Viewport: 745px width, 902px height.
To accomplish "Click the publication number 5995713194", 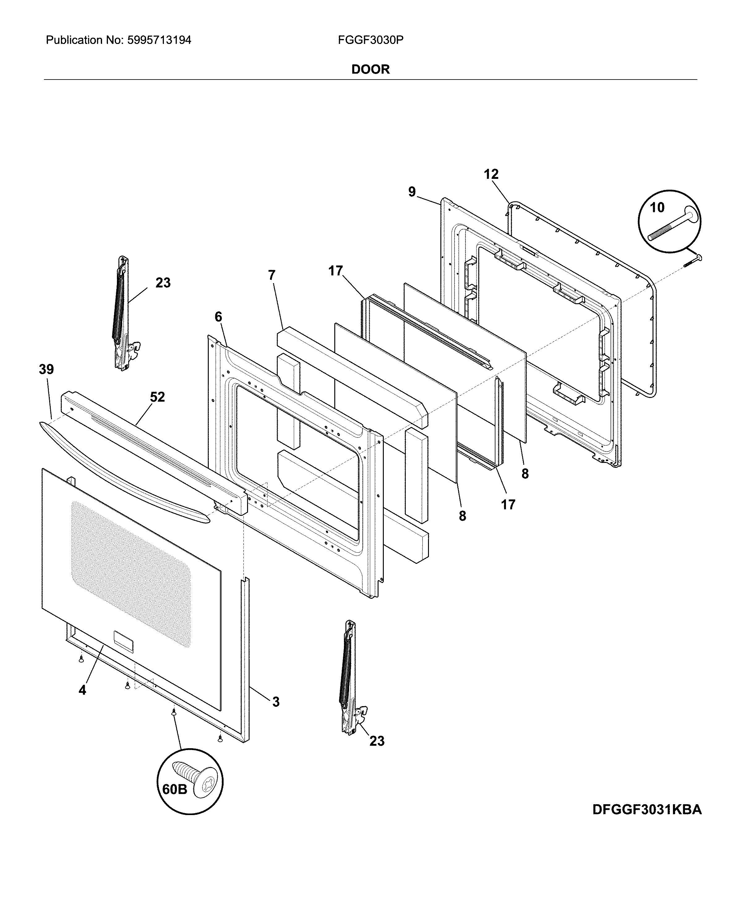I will point(158,40).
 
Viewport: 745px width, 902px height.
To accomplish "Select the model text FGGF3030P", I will point(370,40).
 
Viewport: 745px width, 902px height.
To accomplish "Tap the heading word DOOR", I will point(370,70).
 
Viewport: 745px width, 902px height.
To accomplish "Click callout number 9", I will point(412,192).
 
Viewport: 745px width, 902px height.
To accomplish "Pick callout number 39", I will point(46,369).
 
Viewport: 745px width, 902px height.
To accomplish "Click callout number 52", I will point(157,397).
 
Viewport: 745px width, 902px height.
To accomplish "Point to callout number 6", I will point(218,317).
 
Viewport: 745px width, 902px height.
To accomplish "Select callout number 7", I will point(272,275).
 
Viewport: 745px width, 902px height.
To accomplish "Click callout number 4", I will point(82,690).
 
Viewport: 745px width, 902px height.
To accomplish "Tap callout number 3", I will point(276,702).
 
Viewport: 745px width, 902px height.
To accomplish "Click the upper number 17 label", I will point(336,270).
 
